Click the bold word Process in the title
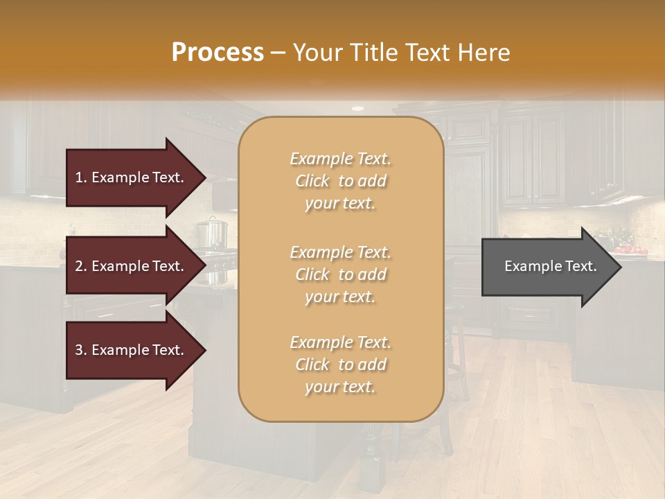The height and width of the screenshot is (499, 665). click(218, 53)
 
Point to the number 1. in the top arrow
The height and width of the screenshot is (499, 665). click(81, 177)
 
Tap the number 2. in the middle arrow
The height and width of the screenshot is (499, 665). click(81, 266)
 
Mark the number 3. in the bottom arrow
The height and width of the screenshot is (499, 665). click(81, 350)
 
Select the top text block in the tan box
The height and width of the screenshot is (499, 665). click(340, 181)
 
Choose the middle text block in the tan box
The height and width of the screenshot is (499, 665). click(340, 274)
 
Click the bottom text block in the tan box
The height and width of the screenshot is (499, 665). click(340, 365)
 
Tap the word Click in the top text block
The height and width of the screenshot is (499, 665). click(313, 181)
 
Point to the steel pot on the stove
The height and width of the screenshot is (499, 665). click(212, 232)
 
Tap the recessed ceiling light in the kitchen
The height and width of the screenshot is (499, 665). click(357, 109)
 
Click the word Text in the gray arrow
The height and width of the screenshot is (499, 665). click(580, 266)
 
